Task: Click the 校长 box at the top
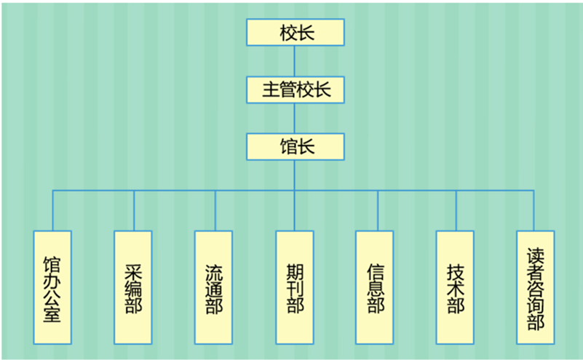tap(294, 33)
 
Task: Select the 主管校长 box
tap(294, 89)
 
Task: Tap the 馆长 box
tap(294, 146)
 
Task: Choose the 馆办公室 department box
tap(52, 287)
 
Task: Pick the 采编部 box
tap(133, 287)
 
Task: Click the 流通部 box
tap(214, 287)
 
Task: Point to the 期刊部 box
tap(295, 287)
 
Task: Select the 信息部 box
tap(375, 287)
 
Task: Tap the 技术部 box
tap(456, 287)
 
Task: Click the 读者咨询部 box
tap(536, 287)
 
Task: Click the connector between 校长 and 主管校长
tap(294, 61)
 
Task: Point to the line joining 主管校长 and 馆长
tap(294, 118)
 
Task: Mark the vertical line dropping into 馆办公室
tap(52, 211)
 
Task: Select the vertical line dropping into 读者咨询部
tap(536, 211)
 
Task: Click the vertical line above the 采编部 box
tap(134, 211)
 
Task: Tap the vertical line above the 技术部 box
tap(456, 211)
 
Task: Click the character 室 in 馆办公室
tap(52, 314)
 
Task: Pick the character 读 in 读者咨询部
tap(536, 255)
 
